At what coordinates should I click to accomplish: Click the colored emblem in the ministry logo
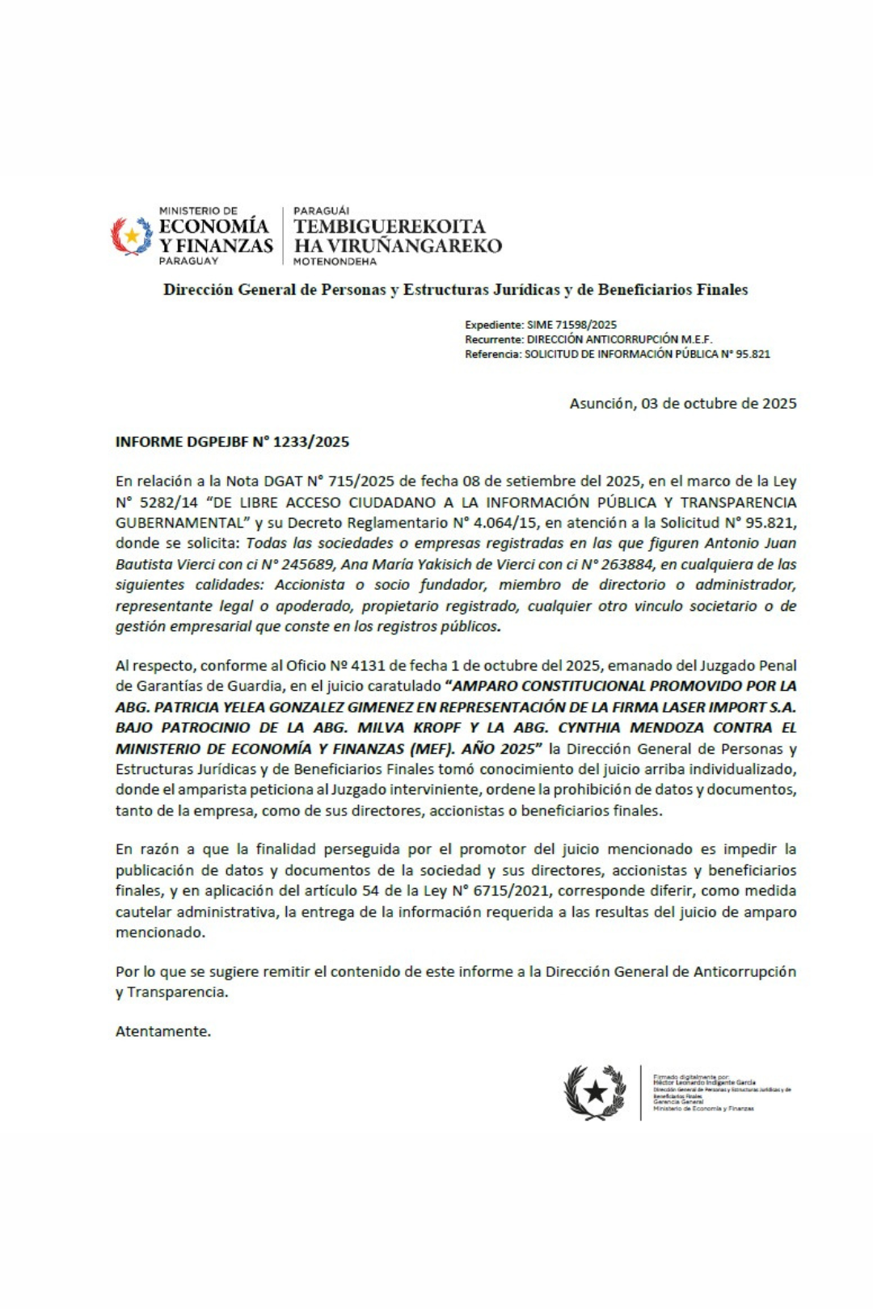(131, 236)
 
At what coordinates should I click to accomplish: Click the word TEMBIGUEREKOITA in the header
(389, 227)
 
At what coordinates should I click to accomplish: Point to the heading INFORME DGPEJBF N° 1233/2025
(232, 442)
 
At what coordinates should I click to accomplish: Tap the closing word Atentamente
(163, 1031)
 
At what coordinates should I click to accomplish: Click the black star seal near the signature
(595, 1092)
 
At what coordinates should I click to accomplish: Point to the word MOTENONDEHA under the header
(335, 262)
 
